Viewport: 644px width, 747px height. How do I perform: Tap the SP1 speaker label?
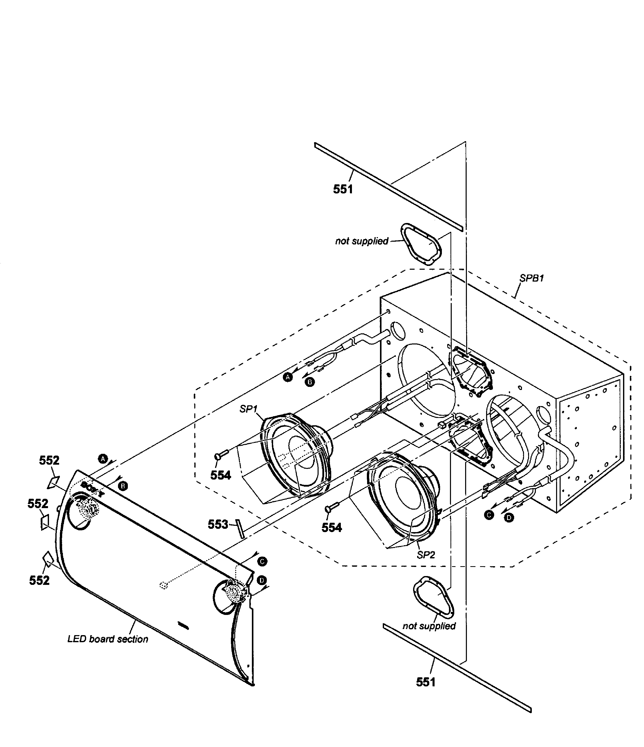pyautogui.click(x=248, y=409)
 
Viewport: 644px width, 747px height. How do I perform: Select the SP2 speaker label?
pyautogui.click(x=425, y=555)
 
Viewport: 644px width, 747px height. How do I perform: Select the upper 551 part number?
pyautogui.click(x=343, y=189)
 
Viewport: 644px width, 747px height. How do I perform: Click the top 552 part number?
pyautogui.click(x=49, y=460)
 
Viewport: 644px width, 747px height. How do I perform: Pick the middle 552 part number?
pyautogui.click(x=37, y=504)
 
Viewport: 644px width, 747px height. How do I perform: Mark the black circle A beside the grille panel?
pyautogui.click(x=103, y=459)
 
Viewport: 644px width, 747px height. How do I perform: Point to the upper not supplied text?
pyautogui.click(x=361, y=241)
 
